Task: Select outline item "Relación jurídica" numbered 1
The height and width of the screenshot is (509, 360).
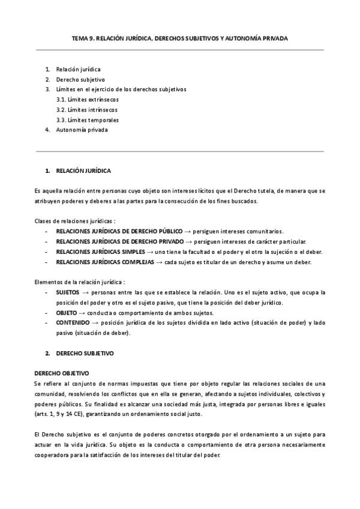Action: point(78,70)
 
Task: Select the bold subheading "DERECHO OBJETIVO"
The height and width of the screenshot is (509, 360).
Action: point(62,373)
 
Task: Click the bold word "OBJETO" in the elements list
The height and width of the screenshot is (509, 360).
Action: point(66,313)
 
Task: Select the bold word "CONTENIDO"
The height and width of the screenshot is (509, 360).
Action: point(72,322)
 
